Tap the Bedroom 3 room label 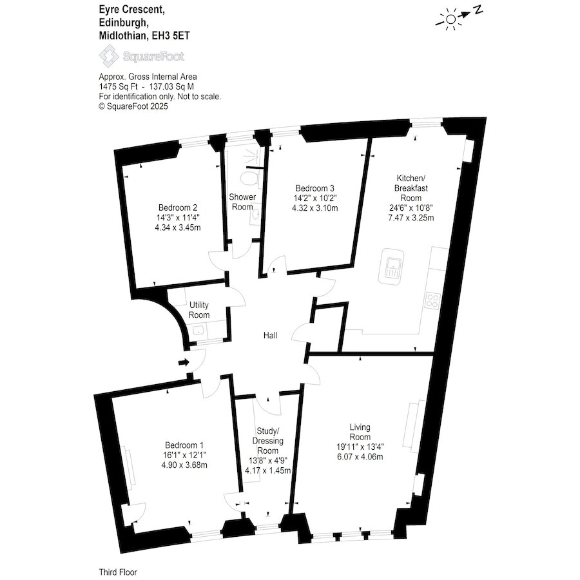coord(314,188)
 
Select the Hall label coord(270,336)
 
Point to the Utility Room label coord(199,310)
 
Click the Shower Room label coord(242,202)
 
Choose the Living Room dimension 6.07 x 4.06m coord(360,457)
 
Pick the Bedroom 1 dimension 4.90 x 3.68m coord(184,465)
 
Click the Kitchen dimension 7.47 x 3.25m coord(411,218)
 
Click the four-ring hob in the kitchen coord(432,300)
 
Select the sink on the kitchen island coord(391,266)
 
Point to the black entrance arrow coord(184,362)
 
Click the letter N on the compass coord(478,10)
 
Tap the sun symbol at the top coord(450,19)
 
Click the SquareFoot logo coord(142,56)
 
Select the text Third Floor coord(118,572)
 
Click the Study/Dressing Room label coord(268,441)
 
